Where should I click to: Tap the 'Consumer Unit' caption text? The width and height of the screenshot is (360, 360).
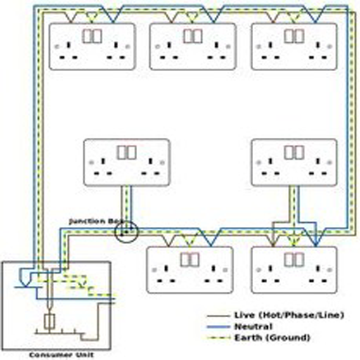coord(61,355)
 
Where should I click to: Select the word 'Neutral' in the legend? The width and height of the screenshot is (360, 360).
coord(253,326)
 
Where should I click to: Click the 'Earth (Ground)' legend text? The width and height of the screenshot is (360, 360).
coord(272,337)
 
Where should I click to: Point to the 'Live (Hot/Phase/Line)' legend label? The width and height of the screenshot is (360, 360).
coord(289,315)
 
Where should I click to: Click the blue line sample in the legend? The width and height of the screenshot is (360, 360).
coord(219,327)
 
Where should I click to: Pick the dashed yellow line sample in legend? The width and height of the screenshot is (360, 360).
coord(219,338)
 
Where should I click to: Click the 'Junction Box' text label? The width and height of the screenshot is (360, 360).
coord(96,221)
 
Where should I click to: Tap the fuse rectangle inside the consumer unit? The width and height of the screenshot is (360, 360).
coord(49,321)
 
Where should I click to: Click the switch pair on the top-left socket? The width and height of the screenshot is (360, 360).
coord(91,36)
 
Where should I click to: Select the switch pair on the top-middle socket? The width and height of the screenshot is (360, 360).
coord(193,36)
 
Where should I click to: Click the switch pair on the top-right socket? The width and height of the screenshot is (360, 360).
coord(294,36)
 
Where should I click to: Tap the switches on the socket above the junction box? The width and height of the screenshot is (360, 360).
coord(127,153)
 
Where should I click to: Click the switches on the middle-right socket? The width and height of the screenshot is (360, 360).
coord(294,153)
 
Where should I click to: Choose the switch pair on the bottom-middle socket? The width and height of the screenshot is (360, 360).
coord(190,259)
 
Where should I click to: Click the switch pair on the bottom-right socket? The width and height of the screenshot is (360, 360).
coord(294,259)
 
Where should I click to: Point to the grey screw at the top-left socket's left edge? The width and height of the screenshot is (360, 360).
coord(57,46)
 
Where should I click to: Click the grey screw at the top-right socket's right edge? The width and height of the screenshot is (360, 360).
coord(330,46)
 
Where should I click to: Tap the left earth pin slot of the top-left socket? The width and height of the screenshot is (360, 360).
coord(69,45)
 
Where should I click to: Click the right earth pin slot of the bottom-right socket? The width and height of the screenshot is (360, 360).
coord(318,269)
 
